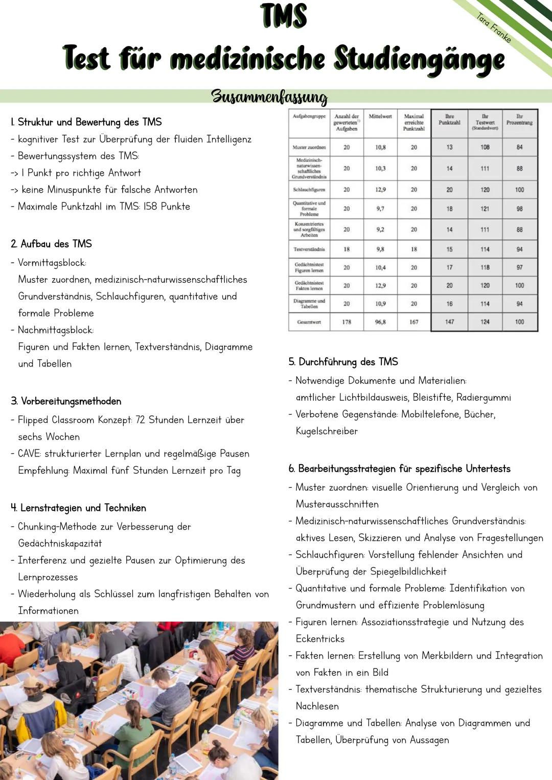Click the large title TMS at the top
[284, 16]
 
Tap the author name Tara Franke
[494, 28]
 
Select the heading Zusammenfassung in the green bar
[269, 96]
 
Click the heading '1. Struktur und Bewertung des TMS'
[86, 122]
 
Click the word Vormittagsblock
[52, 263]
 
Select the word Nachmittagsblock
[55, 330]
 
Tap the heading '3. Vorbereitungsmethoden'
[66, 401]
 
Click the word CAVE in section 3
[29, 454]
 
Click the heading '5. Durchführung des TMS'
[343, 362]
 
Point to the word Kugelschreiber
[327, 431]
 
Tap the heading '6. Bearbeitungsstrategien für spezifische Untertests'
[399, 469]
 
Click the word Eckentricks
[320, 639]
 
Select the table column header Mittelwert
[380, 117]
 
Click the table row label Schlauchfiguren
[309, 190]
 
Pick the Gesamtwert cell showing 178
[347, 322]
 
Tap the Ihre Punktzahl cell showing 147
[449, 322]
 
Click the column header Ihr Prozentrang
[519, 120]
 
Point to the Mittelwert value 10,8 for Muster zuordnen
[380, 147]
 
